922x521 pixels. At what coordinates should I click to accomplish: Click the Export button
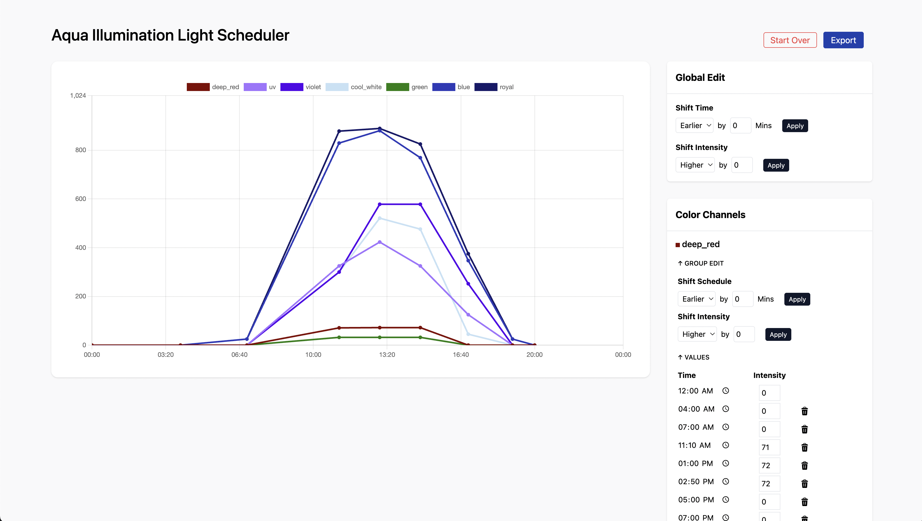(x=843, y=40)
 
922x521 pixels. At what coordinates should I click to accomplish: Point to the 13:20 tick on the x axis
(x=387, y=355)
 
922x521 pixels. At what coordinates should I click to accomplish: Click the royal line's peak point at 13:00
(x=380, y=128)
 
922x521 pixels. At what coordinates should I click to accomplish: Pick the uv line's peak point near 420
(x=380, y=242)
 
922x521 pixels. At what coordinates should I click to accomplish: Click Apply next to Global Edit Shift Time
(x=795, y=126)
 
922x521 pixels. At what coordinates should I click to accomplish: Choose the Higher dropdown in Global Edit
(x=695, y=165)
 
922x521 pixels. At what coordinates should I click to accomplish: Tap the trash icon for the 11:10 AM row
(x=804, y=447)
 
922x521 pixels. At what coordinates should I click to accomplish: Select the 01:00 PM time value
(x=695, y=463)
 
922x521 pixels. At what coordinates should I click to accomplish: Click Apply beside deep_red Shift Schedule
(x=797, y=299)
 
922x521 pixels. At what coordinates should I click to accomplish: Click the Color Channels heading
(x=710, y=215)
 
